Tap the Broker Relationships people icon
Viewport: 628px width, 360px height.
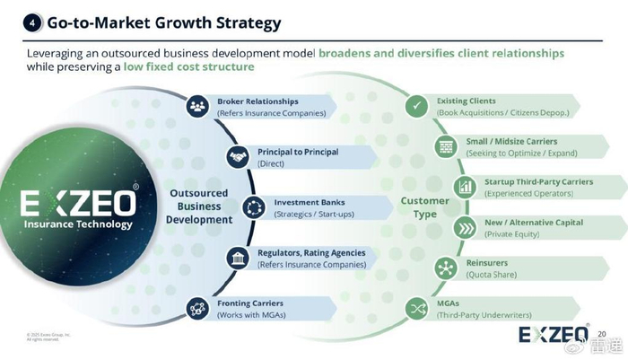197,106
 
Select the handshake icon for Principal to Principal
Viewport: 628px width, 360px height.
237,157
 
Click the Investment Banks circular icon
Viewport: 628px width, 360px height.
254,207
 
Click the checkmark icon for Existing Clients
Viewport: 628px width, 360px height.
416,106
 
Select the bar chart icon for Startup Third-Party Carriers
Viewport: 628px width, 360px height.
465,187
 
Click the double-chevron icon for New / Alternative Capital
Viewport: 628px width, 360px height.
465,227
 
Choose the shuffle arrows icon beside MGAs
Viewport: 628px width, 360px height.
416,310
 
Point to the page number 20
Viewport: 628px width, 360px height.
602,333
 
